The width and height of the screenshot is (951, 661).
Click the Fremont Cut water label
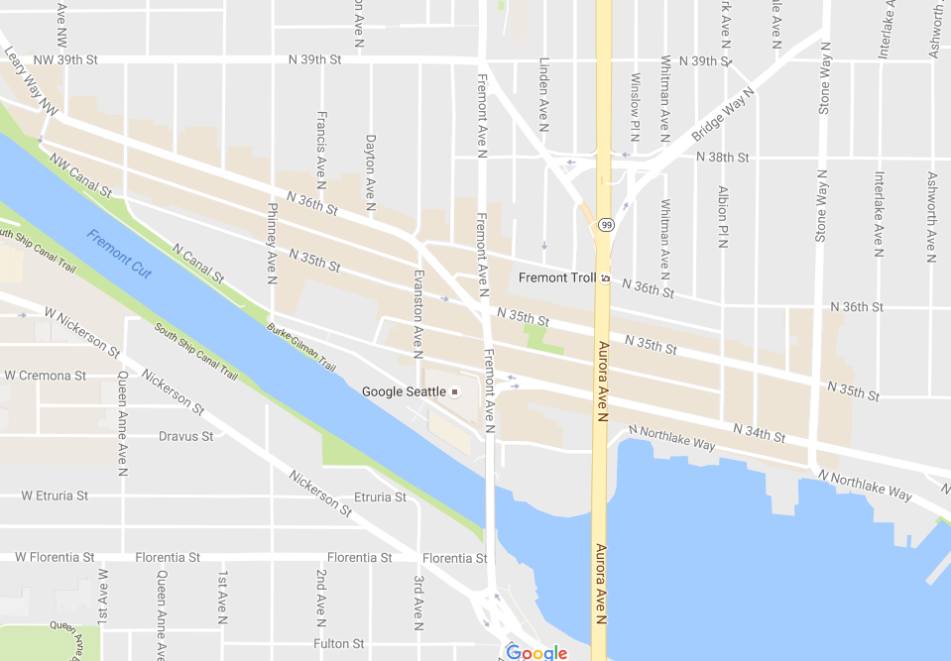coord(119,253)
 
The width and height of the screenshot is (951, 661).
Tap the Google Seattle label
coord(404,391)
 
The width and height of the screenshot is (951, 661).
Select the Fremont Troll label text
coord(557,277)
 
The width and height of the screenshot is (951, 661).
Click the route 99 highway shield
coord(606,225)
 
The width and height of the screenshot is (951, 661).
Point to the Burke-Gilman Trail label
coord(301,339)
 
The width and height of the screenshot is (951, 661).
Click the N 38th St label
coord(722,158)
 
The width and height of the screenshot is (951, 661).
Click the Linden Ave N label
coord(543,94)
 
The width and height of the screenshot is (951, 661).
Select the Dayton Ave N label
coord(370,173)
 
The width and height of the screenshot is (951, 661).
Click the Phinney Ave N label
coord(272,244)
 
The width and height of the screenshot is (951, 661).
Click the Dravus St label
coord(185,436)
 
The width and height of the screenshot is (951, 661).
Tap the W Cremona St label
coord(46,376)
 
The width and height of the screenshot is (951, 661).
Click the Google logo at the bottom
coord(536,651)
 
